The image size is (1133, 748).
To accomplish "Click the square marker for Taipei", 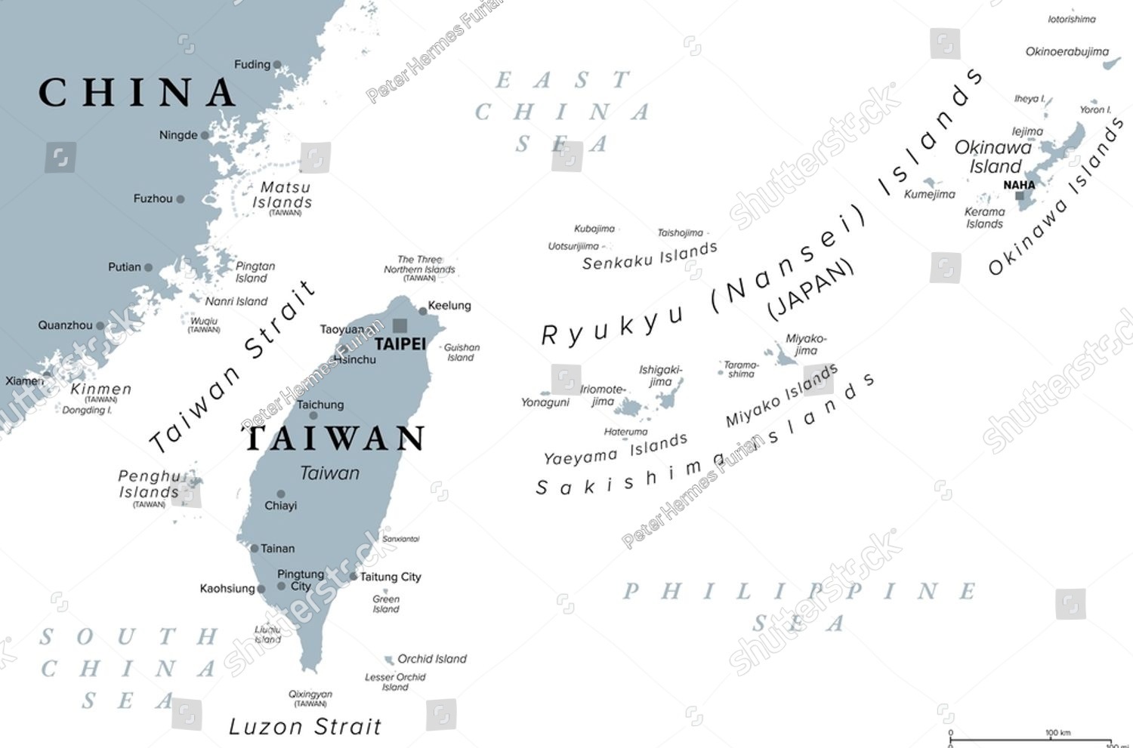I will point(400,325).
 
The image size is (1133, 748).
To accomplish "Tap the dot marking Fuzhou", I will point(181,199).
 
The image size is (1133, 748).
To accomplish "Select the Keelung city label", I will point(449,306).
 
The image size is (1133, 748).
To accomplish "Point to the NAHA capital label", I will point(1019,185).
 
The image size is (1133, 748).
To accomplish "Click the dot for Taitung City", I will point(353,577).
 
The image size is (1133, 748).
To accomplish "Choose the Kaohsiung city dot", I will point(261,589).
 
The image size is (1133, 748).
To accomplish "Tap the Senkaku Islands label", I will point(650,256).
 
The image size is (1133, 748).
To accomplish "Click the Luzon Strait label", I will point(305,727).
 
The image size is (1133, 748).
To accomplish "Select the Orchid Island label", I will point(432,659).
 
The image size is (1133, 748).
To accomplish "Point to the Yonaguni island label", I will point(545,402).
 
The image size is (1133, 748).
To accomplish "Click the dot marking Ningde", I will point(205,136).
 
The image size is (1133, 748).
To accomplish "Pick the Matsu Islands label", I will point(282,195).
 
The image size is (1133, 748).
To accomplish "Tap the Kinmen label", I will point(101,389).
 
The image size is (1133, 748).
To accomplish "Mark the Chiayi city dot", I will point(281,494).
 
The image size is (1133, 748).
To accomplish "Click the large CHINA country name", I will point(137,93).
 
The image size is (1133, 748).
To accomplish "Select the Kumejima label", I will point(930,195).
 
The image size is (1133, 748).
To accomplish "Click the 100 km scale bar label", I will point(1057,732).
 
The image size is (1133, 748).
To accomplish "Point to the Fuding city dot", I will point(277,65).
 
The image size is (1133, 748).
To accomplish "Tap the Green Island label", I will point(386,604).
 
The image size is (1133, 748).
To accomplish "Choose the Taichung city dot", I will point(313,415).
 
